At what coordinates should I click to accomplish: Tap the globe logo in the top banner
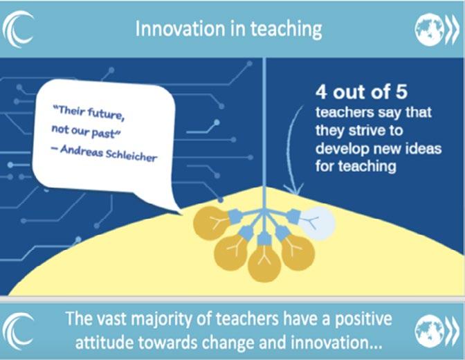click(x=430, y=30)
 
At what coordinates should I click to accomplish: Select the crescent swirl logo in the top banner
click(x=19, y=29)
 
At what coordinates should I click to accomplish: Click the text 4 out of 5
click(x=361, y=92)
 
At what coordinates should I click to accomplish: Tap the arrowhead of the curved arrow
click(x=293, y=190)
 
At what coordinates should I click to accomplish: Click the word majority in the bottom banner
click(x=162, y=319)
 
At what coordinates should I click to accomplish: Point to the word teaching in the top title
click(x=286, y=30)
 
